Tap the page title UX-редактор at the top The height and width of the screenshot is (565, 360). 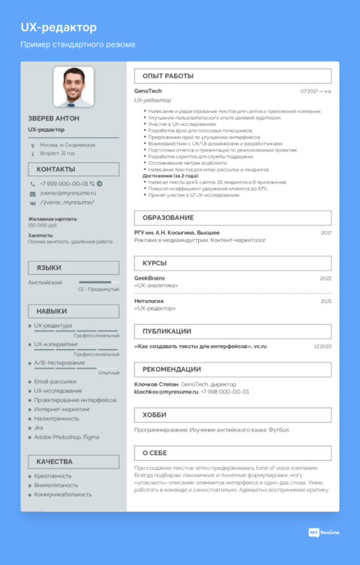tap(58, 28)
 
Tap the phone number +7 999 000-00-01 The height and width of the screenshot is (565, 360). tap(63, 183)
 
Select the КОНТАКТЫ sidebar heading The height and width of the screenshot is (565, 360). tap(56, 169)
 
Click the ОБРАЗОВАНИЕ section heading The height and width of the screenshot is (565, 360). tap(168, 218)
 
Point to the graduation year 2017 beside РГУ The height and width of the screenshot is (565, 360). tap(325, 233)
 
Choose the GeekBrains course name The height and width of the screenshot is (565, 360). tap(149, 278)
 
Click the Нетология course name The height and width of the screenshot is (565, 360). tap(148, 301)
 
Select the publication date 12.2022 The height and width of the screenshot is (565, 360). tap(322, 347)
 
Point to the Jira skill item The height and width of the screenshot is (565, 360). tap(38, 427)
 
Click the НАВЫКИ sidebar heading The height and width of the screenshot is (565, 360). tap(51, 311)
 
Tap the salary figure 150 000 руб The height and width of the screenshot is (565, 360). tap(43, 225)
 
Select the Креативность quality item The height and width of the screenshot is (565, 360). tap(53, 476)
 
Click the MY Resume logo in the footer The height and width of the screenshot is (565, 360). tap(325, 533)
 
